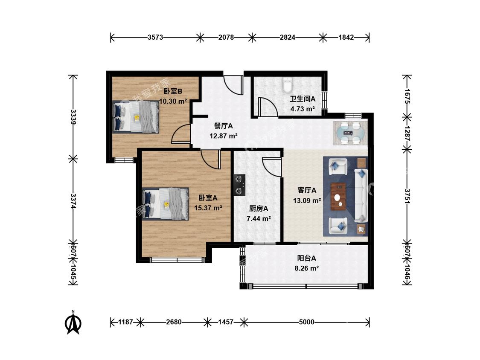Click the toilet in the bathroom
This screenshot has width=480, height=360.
(x=288, y=85)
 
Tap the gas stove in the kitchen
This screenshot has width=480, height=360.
(x=239, y=185)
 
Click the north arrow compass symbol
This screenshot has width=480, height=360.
(x=73, y=322)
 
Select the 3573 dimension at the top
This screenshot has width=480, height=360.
(x=155, y=38)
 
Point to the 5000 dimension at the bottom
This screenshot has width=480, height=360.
(x=306, y=322)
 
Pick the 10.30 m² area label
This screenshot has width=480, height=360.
(x=173, y=101)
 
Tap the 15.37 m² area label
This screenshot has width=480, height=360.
(x=208, y=208)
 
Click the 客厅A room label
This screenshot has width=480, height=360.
(x=307, y=190)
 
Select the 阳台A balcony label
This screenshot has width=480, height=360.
(x=306, y=258)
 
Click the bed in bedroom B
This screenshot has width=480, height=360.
(x=136, y=116)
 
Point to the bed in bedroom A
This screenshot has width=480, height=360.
(x=165, y=203)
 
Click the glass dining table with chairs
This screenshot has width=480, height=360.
(x=350, y=133)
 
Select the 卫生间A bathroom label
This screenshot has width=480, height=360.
(x=303, y=99)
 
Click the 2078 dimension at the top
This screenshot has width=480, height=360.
(x=226, y=38)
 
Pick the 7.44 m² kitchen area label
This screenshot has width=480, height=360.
(x=259, y=218)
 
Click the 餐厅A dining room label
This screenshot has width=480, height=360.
(x=223, y=126)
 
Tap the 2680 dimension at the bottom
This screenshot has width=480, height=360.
(x=174, y=322)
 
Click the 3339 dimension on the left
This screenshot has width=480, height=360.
(x=73, y=117)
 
